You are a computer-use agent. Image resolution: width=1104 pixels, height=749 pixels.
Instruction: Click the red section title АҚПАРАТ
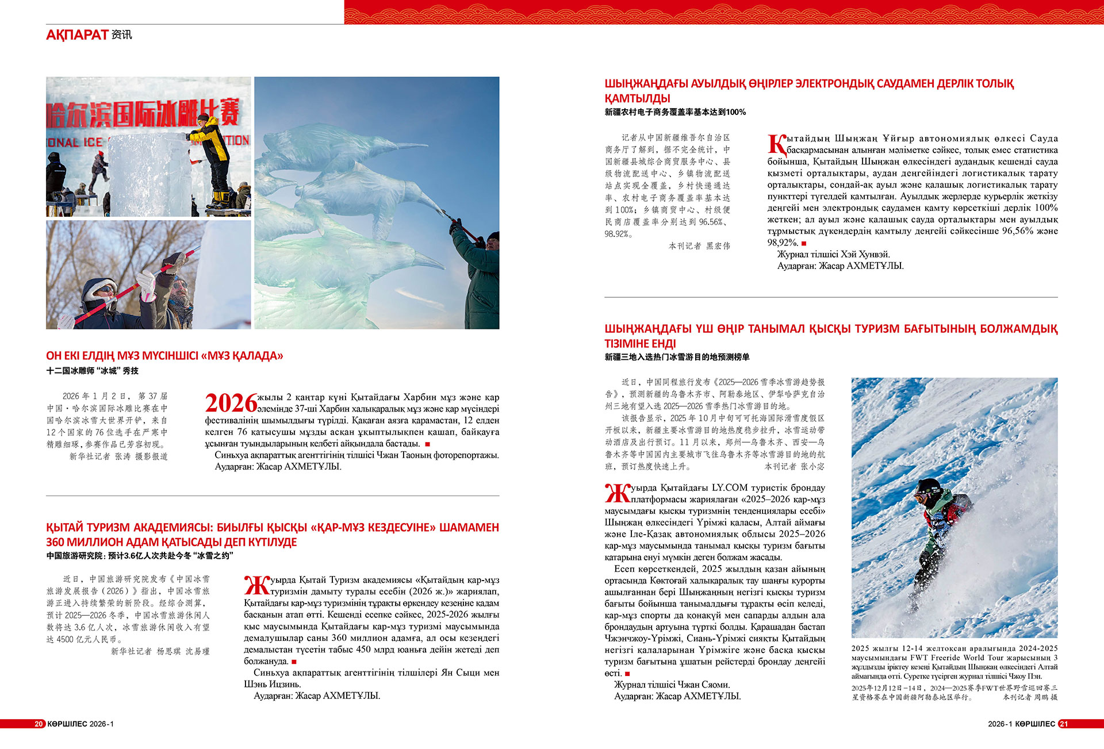(x=77, y=35)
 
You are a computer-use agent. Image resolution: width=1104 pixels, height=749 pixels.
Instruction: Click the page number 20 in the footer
(x=39, y=724)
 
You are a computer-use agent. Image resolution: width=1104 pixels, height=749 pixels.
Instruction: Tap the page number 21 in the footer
(x=1064, y=724)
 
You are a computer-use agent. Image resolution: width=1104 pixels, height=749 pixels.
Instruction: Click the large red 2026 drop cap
(x=231, y=403)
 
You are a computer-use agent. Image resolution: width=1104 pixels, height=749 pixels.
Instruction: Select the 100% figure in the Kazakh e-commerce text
(x=1046, y=208)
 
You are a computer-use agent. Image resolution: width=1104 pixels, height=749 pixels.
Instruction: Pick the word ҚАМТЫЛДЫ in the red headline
(x=637, y=98)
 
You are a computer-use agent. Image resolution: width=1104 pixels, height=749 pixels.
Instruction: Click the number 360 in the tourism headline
(x=56, y=542)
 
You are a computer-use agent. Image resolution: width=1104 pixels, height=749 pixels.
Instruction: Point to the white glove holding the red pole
(x=146, y=286)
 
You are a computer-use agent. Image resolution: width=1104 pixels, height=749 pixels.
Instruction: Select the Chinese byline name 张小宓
(x=812, y=466)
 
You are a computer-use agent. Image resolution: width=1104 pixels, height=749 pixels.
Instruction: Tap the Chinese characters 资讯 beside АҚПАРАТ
(x=121, y=35)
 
